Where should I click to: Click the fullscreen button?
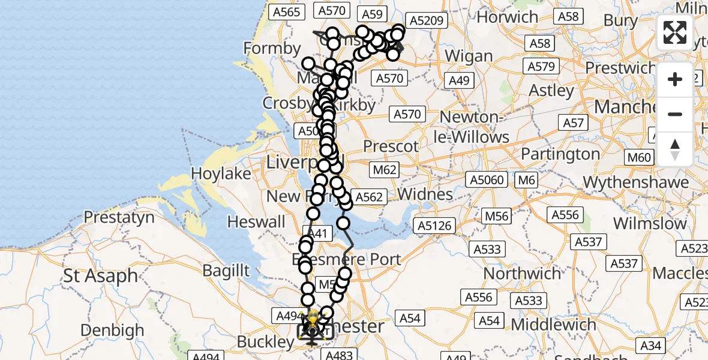[x=675, y=32]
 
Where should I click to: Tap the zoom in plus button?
[x=675, y=80]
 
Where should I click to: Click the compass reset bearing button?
[x=675, y=149]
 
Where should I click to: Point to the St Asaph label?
[x=100, y=277]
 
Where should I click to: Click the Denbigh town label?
[x=112, y=330]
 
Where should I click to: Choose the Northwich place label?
[x=523, y=274]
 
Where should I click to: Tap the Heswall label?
[x=256, y=222]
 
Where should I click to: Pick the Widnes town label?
[x=425, y=194]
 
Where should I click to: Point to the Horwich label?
[x=508, y=17]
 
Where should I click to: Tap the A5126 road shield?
[x=436, y=226]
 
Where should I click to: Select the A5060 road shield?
[x=487, y=179]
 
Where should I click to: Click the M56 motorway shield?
[x=497, y=217]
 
